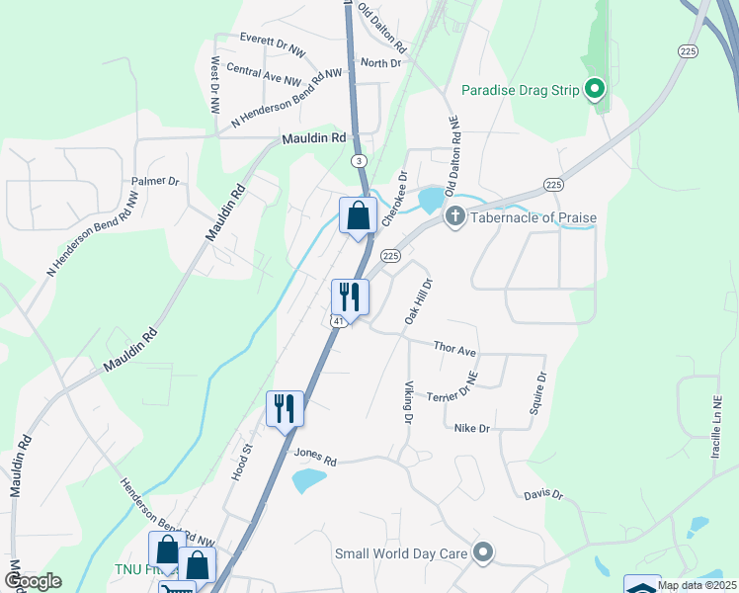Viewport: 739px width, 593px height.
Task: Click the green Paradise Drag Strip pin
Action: (x=595, y=91)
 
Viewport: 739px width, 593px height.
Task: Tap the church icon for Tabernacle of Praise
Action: (x=455, y=216)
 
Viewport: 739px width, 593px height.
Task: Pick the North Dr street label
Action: (x=381, y=62)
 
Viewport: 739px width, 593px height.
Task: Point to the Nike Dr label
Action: (x=471, y=428)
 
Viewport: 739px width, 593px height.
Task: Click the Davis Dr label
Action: (x=543, y=494)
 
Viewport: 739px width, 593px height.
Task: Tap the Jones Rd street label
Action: (x=316, y=458)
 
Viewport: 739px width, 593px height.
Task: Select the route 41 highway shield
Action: (x=338, y=321)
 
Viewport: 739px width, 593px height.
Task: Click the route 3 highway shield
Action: (x=358, y=160)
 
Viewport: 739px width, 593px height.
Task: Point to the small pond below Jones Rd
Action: (x=308, y=481)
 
